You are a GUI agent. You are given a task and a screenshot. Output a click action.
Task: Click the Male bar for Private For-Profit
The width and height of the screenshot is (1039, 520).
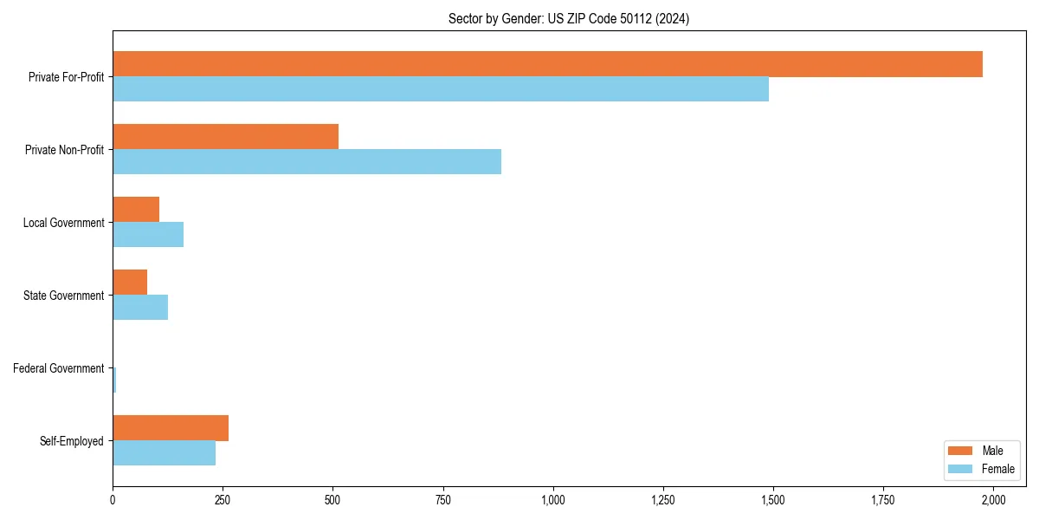pyautogui.click(x=547, y=64)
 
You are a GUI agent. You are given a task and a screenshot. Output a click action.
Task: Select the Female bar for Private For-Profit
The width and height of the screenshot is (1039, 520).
pyautogui.click(x=441, y=89)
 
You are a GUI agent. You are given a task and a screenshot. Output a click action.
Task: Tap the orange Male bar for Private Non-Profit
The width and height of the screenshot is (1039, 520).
pyautogui.click(x=225, y=137)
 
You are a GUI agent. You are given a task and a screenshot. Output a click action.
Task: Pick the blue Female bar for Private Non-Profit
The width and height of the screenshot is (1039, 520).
pyautogui.click(x=307, y=162)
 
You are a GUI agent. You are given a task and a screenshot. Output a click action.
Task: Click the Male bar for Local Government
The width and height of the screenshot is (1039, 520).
pyautogui.click(x=136, y=210)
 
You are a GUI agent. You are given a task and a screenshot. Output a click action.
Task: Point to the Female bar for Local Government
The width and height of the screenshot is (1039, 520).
pyautogui.click(x=148, y=235)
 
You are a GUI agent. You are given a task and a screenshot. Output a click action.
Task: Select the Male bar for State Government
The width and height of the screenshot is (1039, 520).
pyautogui.click(x=130, y=283)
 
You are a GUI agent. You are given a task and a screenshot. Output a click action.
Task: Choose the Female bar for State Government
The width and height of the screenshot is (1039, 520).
pyautogui.click(x=140, y=308)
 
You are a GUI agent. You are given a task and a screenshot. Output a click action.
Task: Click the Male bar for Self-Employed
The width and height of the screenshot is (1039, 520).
pyautogui.click(x=171, y=428)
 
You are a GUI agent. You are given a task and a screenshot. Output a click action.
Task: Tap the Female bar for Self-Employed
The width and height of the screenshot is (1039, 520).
pyautogui.click(x=164, y=453)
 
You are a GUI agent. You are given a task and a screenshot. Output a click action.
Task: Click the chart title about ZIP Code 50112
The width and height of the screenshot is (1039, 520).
pyautogui.click(x=569, y=19)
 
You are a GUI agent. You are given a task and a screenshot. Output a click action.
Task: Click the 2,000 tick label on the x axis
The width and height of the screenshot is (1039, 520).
pyautogui.click(x=993, y=500)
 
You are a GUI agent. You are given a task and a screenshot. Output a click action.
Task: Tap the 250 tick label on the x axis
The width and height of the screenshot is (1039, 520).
pyautogui.click(x=223, y=500)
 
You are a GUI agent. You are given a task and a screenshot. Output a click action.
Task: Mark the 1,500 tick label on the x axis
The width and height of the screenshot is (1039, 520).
pyautogui.click(x=773, y=500)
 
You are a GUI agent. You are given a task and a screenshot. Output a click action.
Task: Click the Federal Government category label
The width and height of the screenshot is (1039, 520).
pyautogui.click(x=59, y=368)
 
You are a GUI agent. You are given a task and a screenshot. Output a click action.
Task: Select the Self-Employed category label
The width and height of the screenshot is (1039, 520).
pyautogui.click(x=72, y=441)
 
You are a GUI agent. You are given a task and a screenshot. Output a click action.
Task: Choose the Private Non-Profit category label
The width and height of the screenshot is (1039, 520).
pyautogui.click(x=64, y=150)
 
